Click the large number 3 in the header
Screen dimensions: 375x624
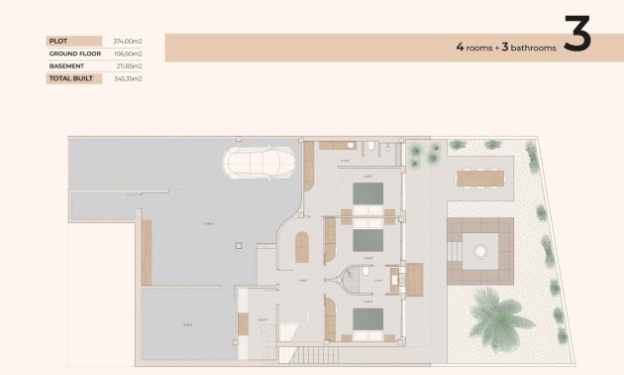(x=576, y=35)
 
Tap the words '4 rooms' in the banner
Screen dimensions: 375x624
(x=473, y=47)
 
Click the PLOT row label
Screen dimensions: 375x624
(x=58, y=41)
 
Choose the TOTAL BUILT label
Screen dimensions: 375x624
(x=70, y=78)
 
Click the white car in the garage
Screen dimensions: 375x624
(x=260, y=162)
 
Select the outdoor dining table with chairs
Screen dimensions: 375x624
(x=480, y=179)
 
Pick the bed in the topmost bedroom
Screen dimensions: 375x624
(x=368, y=194)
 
